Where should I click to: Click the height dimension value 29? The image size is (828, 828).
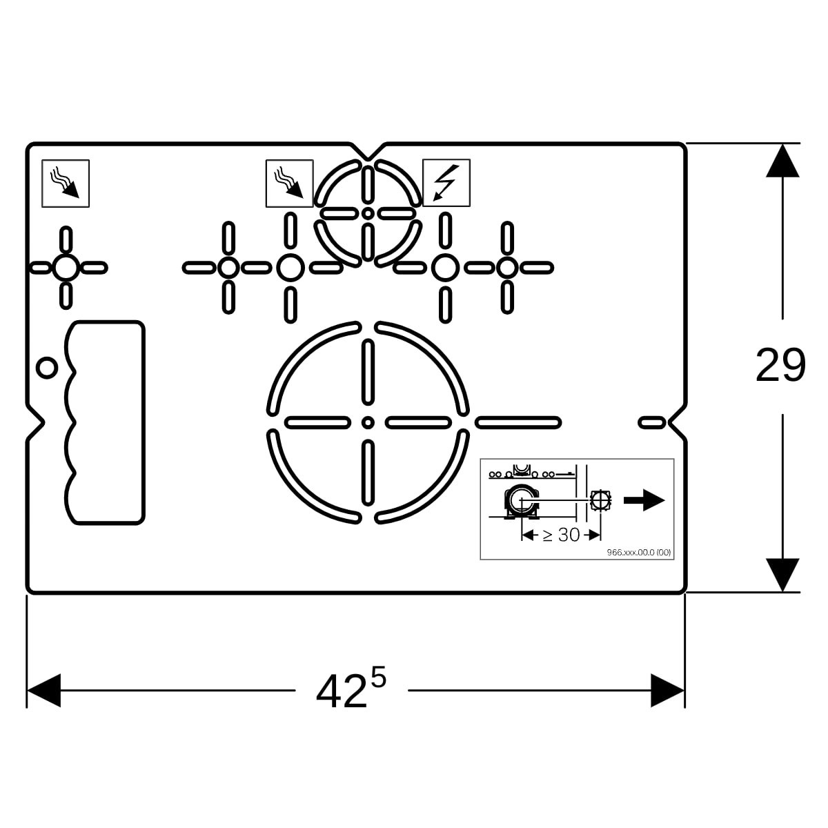click(780, 365)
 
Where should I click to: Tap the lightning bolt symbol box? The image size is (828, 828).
click(446, 183)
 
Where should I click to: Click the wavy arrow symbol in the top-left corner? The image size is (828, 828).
click(66, 184)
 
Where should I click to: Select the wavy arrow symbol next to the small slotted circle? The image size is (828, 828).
click(290, 184)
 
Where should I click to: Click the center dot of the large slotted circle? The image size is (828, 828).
click(367, 423)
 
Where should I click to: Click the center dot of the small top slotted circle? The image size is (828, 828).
click(367, 213)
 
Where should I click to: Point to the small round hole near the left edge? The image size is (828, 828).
click(47, 368)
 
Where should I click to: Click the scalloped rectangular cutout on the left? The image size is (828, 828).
click(104, 422)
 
